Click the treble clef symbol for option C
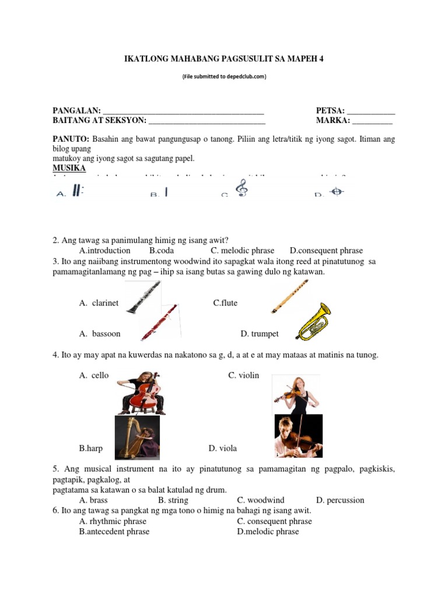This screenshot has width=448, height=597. click(240, 189)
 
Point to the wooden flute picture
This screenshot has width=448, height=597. click(289, 297)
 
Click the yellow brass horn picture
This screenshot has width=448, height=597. click(313, 321)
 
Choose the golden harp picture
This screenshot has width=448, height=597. click(136, 438)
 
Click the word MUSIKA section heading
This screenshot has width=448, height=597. click(69, 168)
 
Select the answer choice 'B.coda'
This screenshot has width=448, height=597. click(163, 250)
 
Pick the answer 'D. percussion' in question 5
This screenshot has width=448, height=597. click(340, 500)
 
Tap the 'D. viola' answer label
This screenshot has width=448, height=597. click(222, 448)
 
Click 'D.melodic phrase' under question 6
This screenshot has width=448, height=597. click(268, 531)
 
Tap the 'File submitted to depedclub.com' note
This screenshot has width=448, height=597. click(224, 76)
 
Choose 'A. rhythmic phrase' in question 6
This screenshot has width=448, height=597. click(113, 521)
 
